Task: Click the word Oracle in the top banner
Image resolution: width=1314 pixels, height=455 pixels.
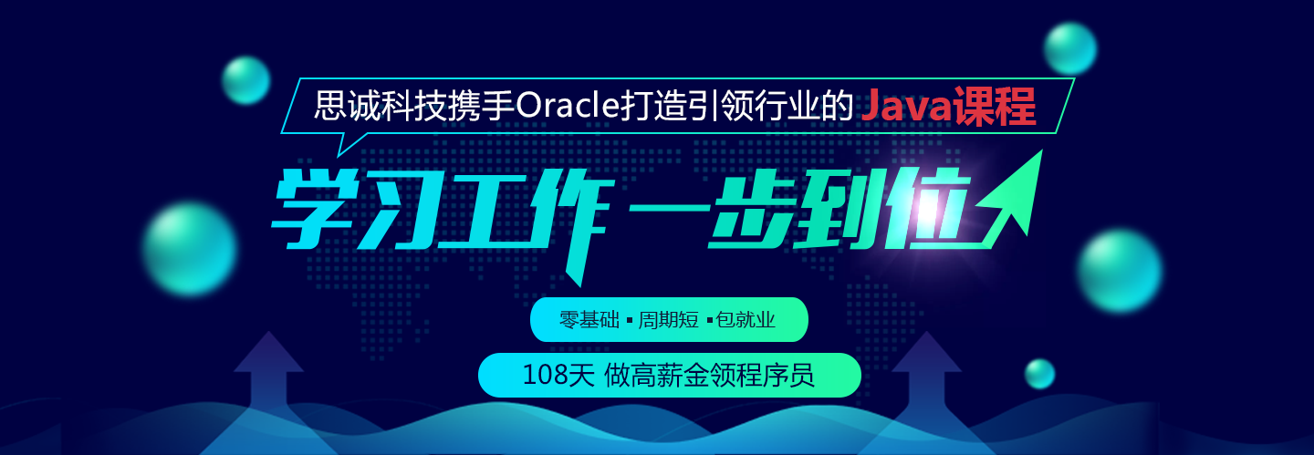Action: coord(567,106)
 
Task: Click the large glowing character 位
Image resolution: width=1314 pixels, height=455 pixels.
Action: coord(927,208)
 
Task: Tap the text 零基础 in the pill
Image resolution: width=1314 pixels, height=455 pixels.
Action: coord(589,320)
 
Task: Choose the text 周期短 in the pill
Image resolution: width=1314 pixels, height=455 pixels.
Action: coord(669,320)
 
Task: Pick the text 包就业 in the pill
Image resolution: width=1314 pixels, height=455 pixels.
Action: coord(746,320)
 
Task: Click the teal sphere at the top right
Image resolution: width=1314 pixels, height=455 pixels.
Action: coord(1070,48)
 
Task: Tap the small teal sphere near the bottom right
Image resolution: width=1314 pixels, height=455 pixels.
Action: coord(1039,374)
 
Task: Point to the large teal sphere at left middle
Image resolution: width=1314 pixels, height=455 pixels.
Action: coord(190,249)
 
